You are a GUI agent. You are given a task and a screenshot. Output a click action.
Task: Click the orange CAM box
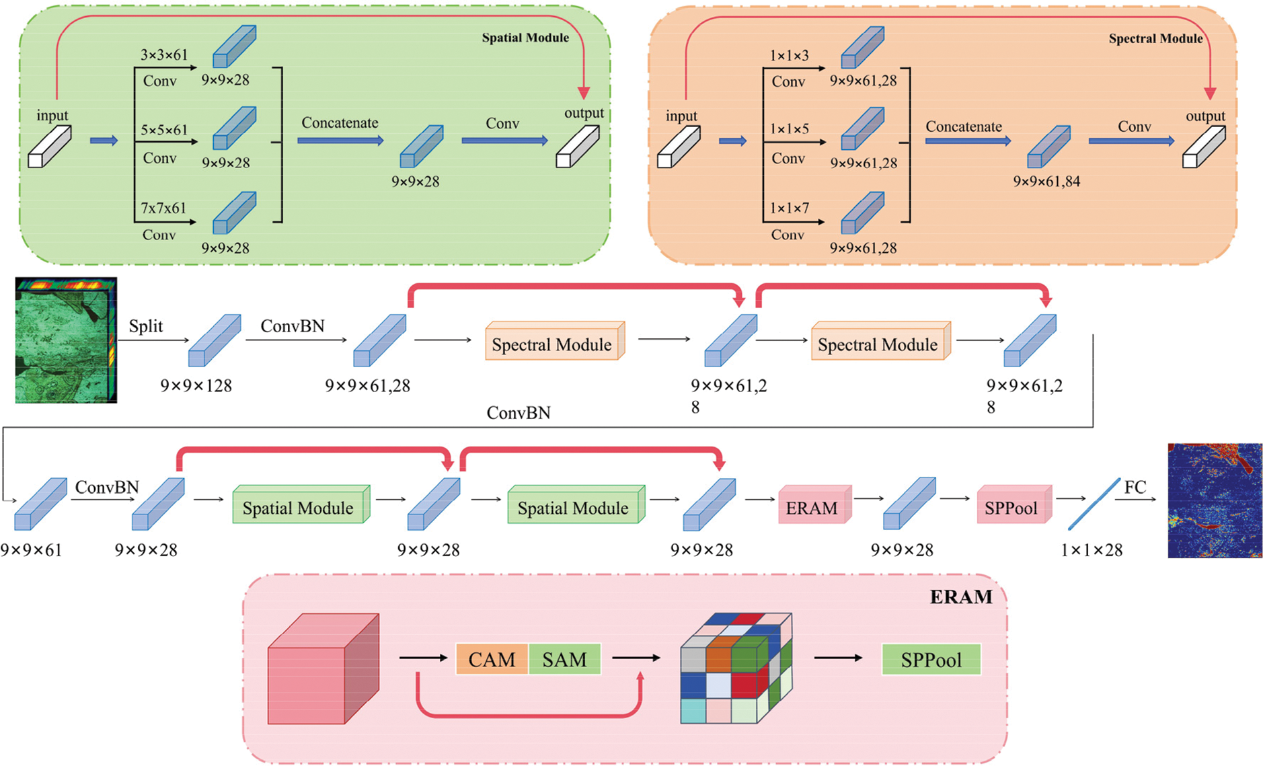point(492,660)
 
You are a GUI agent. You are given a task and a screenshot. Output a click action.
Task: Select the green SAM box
point(564,660)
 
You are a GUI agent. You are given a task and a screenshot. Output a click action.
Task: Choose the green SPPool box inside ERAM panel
point(931,660)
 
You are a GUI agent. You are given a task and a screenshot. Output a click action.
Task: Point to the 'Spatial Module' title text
point(525,38)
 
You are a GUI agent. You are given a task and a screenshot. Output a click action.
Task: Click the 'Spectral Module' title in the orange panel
point(1155,39)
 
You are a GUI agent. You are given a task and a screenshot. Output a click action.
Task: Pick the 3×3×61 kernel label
point(163,55)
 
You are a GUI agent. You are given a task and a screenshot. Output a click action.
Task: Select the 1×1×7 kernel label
point(789,208)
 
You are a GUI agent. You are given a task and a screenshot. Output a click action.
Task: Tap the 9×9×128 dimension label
point(196,386)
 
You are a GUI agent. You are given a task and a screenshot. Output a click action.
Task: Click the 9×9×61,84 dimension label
point(1046,181)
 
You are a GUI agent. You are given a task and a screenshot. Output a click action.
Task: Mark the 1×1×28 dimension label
point(1091,550)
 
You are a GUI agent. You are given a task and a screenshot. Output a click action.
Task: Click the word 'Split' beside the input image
point(146,326)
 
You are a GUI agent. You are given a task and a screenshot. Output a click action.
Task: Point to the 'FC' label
point(1135,487)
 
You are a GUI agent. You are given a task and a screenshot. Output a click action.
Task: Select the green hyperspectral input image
point(66,340)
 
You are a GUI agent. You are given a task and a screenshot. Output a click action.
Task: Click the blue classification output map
point(1215,500)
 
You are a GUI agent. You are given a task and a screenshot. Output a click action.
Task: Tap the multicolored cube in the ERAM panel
point(736,668)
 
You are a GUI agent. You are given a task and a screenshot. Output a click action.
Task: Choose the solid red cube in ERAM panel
point(323,670)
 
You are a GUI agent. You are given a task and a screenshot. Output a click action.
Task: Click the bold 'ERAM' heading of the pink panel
point(961,597)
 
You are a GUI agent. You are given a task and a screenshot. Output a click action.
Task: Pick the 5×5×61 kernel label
point(163,130)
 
